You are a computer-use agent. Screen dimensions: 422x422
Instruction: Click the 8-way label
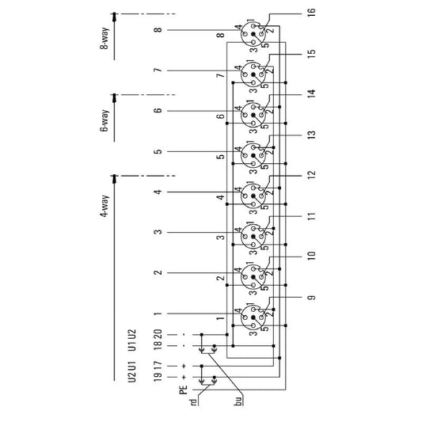pos(105,39)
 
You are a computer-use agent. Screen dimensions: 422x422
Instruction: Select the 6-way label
pos(105,120)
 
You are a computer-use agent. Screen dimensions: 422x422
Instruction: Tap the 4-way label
pos(105,207)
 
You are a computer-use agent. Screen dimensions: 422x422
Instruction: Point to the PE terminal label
pos(183,390)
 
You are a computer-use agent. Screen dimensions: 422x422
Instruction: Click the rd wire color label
pos(193,402)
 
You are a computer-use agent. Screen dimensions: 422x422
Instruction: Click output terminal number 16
pos(311,13)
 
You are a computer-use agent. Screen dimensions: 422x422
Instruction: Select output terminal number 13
pos(311,135)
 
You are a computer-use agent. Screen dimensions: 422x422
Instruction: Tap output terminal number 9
pos(311,298)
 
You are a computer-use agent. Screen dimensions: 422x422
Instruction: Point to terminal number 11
pos(311,216)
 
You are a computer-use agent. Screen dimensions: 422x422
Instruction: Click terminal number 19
pos(158,377)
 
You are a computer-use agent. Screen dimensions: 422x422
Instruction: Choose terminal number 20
pos(158,334)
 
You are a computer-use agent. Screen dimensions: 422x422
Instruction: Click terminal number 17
pos(158,366)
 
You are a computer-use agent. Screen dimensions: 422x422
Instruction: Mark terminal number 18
pos(158,345)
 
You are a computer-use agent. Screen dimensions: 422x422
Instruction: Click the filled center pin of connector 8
pos(253,34)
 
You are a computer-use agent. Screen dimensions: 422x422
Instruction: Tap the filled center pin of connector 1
pos(253,317)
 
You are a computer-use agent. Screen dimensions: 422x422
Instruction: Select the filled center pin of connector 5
pos(253,155)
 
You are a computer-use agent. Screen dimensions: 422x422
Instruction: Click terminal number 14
pos(311,94)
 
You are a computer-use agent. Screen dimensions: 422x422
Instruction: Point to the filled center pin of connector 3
pos(253,237)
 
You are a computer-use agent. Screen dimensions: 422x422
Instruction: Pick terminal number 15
pos(311,54)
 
